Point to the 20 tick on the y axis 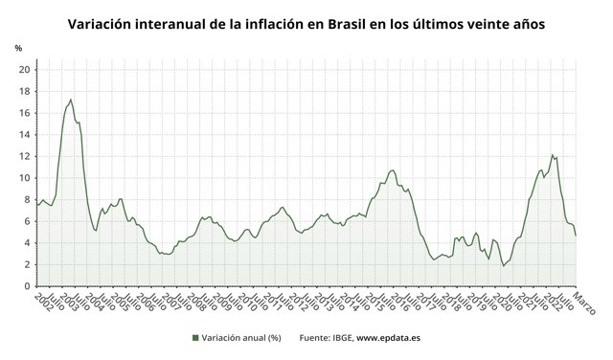(24, 69)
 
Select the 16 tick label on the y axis (24, 112)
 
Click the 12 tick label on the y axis (24, 156)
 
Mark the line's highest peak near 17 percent (71, 100)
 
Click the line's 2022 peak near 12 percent (552, 155)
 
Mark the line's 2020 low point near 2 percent (504, 265)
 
